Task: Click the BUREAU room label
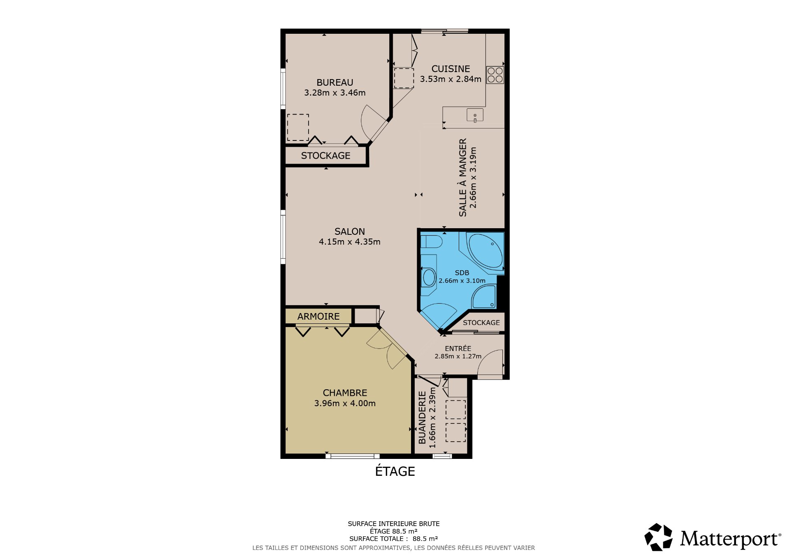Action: pyautogui.click(x=335, y=82)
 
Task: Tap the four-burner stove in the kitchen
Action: pyautogui.click(x=495, y=75)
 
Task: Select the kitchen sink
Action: pyautogui.click(x=475, y=115)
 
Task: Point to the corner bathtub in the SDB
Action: pyautogui.click(x=486, y=251)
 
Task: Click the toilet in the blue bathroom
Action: pyautogui.click(x=431, y=241)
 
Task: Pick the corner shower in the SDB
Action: pyautogui.click(x=484, y=297)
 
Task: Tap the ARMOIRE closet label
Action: pyautogui.click(x=318, y=316)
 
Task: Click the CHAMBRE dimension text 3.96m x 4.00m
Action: pyautogui.click(x=345, y=403)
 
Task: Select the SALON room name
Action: pyautogui.click(x=350, y=232)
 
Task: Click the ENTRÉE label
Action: pyautogui.click(x=458, y=348)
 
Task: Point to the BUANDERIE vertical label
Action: pyautogui.click(x=422, y=418)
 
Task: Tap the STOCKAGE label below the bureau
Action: pyautogui.click(x=325, y=156)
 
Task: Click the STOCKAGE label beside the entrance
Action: pyautogui.click(x=481, y=323)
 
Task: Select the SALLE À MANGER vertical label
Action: pyautogui.click(x=463, y=178)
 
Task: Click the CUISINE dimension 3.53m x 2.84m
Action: pyautogui.click(x=451, y=79)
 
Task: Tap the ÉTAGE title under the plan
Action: pyautogui.click(x=395, y=471)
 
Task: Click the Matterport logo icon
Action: pyautogui.click(x=658, y=537)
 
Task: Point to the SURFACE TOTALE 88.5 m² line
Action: pyautogui.click(x=394, y=539)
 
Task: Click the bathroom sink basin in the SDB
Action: pyautogui.click(x=429, y=277)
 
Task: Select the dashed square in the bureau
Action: pyautogui.click(x=298, y=127)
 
